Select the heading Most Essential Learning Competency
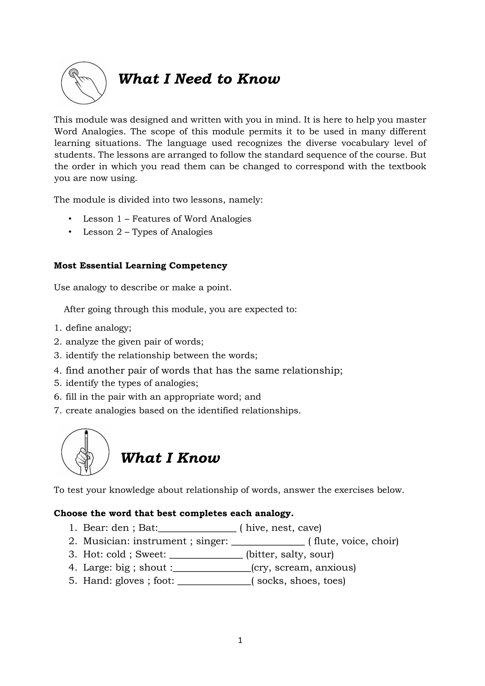pyautogui.click(x=140, y=266)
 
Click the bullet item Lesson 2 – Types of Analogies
pyautogui.click(x=148, y=232)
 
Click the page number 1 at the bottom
pyautogui.click(x=240, y=640)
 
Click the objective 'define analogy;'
pyautogui.click(x=98, y=328)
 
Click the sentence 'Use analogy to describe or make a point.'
pyautogui.click(x=143, y=287)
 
